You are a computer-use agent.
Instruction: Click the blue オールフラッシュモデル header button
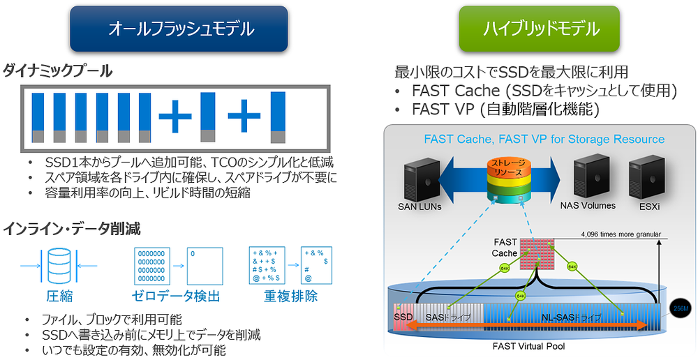coord(179,29)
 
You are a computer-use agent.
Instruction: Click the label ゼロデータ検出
coord(176,296)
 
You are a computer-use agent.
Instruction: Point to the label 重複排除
coord(290,296)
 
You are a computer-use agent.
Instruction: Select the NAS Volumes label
coord(588,206)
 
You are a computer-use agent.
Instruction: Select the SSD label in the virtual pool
coord(403,317)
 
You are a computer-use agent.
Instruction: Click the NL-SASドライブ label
coord(570,317)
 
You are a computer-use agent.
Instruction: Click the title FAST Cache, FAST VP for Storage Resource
coord(544,140)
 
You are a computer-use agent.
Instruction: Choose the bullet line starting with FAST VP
coord(506,109)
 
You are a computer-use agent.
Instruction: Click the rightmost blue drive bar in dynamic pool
coord(278,117)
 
